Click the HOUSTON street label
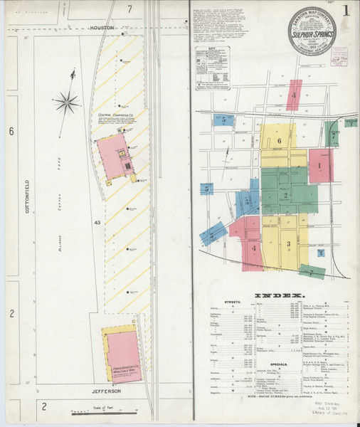coord(103,28)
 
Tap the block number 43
coord(96,223)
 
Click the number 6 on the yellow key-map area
coord(280,141)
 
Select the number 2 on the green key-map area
coord(285,195)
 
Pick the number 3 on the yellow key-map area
coord(288,243)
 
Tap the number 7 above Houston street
coord(129,9)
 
